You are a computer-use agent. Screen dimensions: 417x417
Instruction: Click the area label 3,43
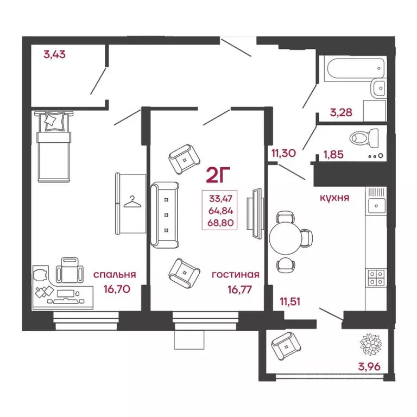(x=54, y=54)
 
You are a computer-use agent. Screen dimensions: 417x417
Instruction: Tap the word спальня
(x=115, y=274)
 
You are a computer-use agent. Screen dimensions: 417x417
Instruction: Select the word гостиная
(x=236, y=274)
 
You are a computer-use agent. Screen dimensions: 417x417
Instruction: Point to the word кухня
(x=334, y=198)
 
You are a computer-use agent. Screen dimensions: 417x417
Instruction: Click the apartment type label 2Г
(x=218, y=175)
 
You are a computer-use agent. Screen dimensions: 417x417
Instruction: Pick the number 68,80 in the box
(x=220, y=223)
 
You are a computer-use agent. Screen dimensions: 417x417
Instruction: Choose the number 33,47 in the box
(x=221, y=198)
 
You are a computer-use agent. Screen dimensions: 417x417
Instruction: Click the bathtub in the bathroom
(x=356, y=68)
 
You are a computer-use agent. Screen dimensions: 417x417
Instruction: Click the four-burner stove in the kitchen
(x=376, y=277)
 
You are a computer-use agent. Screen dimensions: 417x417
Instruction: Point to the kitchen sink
(x=376, y=206)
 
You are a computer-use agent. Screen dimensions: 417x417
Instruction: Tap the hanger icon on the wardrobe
(x=132, y=202)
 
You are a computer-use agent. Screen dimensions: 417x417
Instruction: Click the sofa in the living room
(x=165, y=216)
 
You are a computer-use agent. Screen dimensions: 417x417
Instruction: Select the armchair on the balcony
(x=286, y=346)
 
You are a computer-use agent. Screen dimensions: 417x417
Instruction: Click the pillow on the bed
(x=54, y=121)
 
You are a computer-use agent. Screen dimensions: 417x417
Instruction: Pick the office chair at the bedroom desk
(x=69, y=270)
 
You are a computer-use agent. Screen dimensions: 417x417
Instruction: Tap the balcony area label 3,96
(x=369, y=367)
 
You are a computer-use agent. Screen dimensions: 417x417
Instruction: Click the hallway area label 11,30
(x=283, y=153)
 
